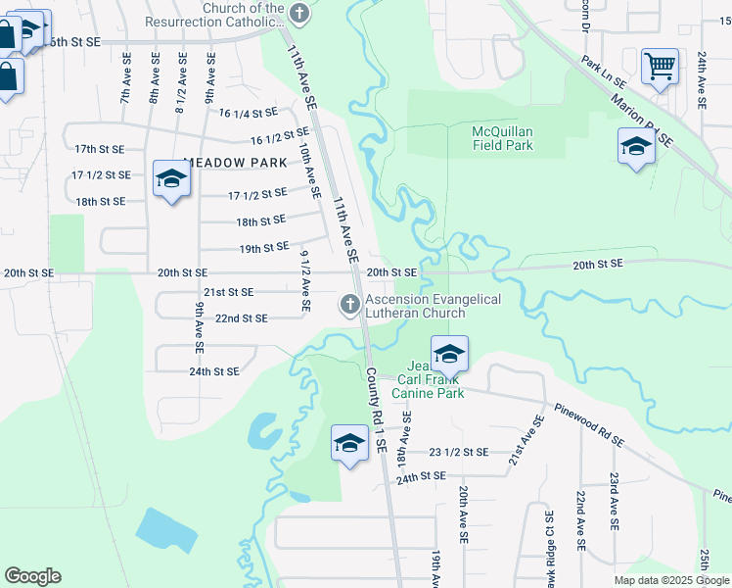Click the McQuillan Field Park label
tap(502, 138)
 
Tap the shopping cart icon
tap(660, 68)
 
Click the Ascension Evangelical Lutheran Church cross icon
tap(348, 306)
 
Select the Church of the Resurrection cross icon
tap(300, 14)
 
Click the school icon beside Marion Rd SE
tap(636, 148)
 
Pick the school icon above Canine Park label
tap(449, 354)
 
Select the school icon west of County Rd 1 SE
tap(349, 443)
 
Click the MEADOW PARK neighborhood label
tap(235, 163)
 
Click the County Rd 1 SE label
tap(377, 409)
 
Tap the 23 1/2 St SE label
tap(458, 452)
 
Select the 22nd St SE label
tap(241, 318)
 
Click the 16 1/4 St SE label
tap(249, 114)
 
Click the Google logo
tap(32, 576)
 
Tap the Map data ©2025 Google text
tap(672, 580)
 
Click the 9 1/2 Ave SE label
tap(305, 281)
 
